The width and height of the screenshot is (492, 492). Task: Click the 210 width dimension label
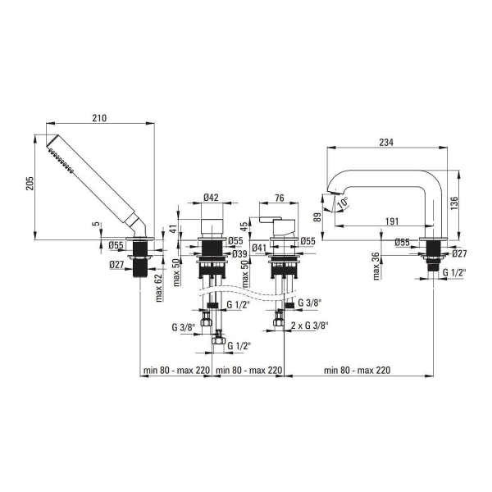click(x=99, y=118)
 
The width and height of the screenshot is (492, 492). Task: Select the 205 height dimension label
click(x=30, y=184)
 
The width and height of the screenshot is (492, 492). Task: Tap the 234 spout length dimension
click(x=386, y=143)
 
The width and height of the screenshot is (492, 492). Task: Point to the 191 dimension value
click(x=392, y=221)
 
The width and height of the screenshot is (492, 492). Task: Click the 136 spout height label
click(x=454, y=203)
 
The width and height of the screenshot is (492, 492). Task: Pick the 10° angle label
click(x=343, y=203)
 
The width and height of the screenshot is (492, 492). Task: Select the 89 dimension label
click(x=317, y=217)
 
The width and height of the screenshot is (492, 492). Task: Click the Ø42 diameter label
click(x=211, y=198)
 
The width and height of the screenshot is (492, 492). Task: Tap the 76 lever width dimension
click(x=279, y=198)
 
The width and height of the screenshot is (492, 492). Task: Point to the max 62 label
click(x=159, y=288)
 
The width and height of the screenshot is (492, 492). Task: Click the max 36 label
click(x=376, y=266)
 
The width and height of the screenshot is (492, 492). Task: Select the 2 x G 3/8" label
click(x=309, y=326)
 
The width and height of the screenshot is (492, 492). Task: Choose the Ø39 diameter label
click(x=239, y=254)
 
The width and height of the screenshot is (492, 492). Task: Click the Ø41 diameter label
click(x=259, y=248)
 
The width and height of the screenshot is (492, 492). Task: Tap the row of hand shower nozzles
click(x=61, y=161)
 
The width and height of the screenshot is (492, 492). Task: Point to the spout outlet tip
click(x=334, y=194)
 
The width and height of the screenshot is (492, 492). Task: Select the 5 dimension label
click(x=97, y=224)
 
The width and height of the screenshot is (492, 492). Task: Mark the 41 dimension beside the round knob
click(x=173, y=228)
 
